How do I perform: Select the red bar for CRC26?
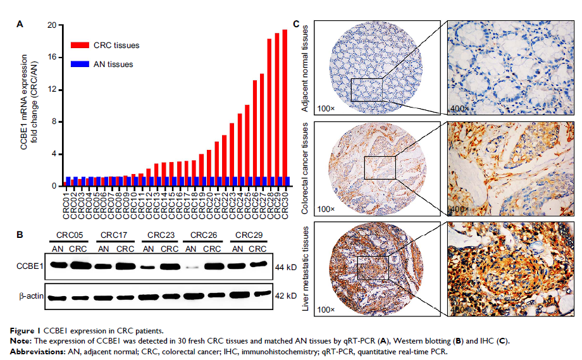[x=255, y=133]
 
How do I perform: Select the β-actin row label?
[x=30, y=296]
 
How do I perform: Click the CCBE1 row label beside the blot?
[x=30, y=268]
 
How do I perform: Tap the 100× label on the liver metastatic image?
[x=325, y=309]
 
